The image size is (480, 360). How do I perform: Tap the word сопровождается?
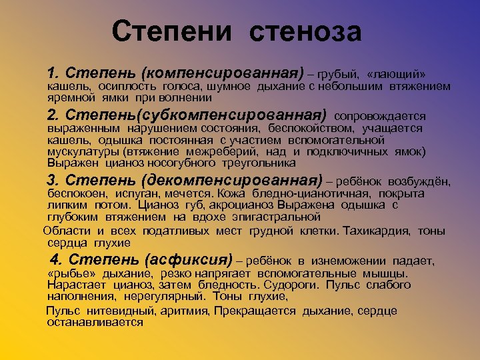384,115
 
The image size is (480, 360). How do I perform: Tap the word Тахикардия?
379,231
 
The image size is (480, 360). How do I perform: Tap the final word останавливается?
95,322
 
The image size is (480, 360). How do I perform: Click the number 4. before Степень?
57,259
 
